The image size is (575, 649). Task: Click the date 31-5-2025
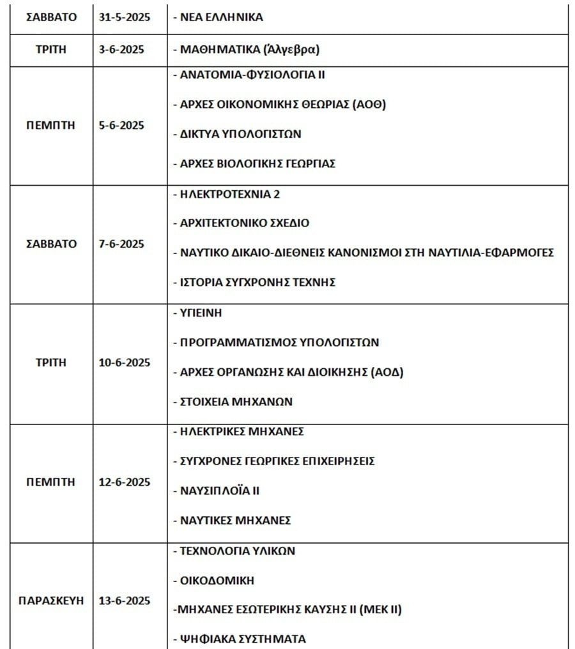pyautogui.click(x=125, y=17)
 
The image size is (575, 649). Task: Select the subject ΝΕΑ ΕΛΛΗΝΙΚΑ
pyautogui.click(x=220, y=17)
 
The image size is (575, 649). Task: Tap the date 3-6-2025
pyautogui.click(x=121, y=48)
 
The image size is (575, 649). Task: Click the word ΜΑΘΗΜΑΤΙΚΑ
pyautogui.click(x=220, y=48)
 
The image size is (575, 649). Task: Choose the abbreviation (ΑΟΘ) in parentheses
pyautogui.click(x=369, y=104)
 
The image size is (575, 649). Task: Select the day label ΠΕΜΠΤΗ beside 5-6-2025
pyautogui.click(x=50, y=125)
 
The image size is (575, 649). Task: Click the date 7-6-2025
pyautogui.click(x=121, y=244)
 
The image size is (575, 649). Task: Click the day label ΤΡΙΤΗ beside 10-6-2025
pyautogui.click(x=50, y=362)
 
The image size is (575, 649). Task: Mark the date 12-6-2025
pyautogui.click(x=125, y=482)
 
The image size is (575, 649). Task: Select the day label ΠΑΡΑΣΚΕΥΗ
pyautogui.click(x=50, y=601)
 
